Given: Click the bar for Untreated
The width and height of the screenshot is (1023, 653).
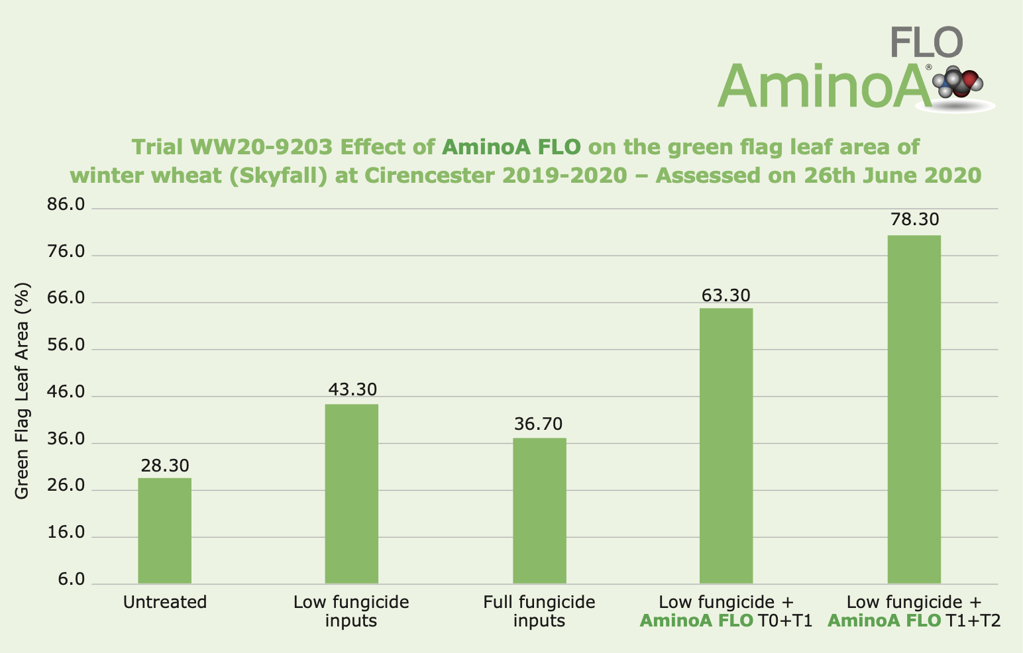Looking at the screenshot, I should [164, 530].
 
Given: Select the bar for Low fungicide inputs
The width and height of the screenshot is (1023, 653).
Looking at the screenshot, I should [352, 493].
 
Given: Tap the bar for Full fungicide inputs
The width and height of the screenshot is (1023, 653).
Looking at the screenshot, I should [539, 511].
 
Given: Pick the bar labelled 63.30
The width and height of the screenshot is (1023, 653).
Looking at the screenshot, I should [726, 446].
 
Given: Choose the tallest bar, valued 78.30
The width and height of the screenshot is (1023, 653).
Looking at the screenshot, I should [914, 409].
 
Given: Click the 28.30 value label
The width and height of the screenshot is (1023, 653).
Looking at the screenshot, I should [165, 466].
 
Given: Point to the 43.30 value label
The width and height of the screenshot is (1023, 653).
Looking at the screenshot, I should [352, 389].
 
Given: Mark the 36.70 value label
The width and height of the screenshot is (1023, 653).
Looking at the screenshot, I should [539, 424].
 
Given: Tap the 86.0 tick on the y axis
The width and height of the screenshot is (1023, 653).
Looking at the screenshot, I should [66, 205].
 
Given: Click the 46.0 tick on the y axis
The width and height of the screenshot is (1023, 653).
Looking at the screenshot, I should [66, 393].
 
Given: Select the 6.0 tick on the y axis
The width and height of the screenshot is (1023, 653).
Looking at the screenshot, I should [71, 580].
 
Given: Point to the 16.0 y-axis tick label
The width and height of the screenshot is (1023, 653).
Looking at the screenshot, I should [66, 533].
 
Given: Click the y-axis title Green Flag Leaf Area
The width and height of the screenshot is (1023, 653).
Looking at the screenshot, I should [23, 391].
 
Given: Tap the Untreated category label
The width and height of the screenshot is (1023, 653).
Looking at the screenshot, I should [165, 602].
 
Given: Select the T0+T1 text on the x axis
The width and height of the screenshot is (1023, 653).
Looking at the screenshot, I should [785, 621].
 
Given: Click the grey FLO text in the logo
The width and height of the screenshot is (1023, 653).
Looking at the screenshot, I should [926, 42].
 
